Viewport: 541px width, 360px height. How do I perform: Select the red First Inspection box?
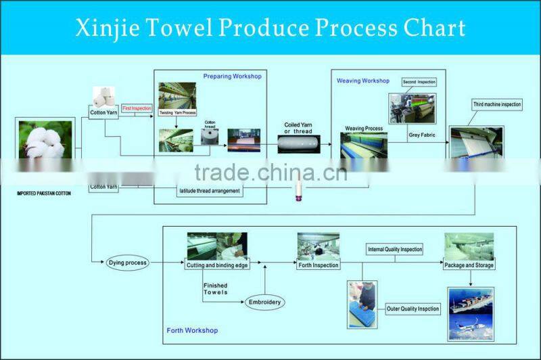[x=137, y=108]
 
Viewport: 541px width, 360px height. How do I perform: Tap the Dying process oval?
[x=127, y=263]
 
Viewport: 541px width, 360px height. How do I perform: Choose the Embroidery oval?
[x=264, y=302]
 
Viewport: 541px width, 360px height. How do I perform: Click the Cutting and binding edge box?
[x=217, y=265]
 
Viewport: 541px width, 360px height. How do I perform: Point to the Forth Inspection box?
[x=318, y=265]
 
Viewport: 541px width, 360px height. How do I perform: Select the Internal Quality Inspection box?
[x=394, y=250]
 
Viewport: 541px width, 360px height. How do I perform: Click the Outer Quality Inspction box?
[x=413, y=309]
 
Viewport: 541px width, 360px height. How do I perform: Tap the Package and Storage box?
[x=469, y=265]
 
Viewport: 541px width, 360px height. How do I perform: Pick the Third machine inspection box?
[x=496, y=105]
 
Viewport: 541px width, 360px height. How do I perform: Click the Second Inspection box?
[x=419, y=82]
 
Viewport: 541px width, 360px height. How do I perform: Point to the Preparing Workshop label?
[x=232, y=76]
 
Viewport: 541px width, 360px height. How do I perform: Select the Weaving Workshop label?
[x=363, y=81]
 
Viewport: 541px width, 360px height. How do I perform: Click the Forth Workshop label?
[x=192, y=330]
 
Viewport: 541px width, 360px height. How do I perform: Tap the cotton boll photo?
[x=44, y=145]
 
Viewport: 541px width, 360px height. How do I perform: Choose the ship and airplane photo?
[x=471, y=313]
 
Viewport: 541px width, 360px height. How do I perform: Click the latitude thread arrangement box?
[x=209, y=191]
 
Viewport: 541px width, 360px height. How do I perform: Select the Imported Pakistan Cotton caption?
[x=44, y=194]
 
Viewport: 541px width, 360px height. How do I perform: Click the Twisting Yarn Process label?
[x=177, y=112]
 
